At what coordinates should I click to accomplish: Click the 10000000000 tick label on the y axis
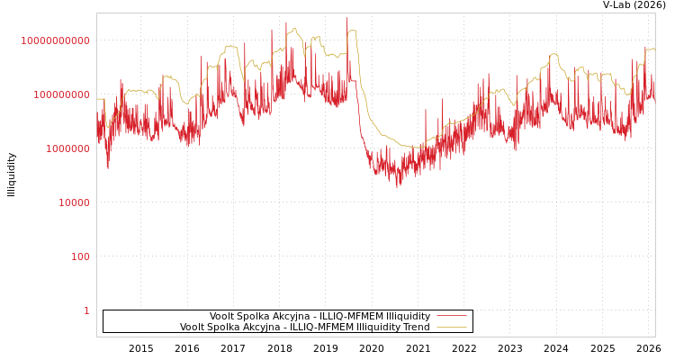[55, 40]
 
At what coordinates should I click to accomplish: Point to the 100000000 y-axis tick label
[61, 94]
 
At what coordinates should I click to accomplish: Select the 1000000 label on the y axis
[67, 148]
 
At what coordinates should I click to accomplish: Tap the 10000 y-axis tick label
[74, 202]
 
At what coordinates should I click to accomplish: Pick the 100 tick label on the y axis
[80, 256]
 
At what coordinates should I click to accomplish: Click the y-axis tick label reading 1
[86, 310]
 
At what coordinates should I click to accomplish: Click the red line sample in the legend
[451, 317]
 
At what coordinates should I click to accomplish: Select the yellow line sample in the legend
[451, 328]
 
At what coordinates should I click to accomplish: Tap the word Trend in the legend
[416, 328]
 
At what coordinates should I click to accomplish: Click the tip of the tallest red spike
[346, 18]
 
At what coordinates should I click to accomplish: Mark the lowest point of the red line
[397, 187]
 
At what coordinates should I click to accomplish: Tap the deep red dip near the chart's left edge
[108, 167]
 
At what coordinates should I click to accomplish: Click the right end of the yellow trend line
[654, 50]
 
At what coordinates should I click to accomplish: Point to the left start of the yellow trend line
[97, 99]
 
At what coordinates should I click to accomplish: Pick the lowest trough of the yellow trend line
[414, 147]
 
